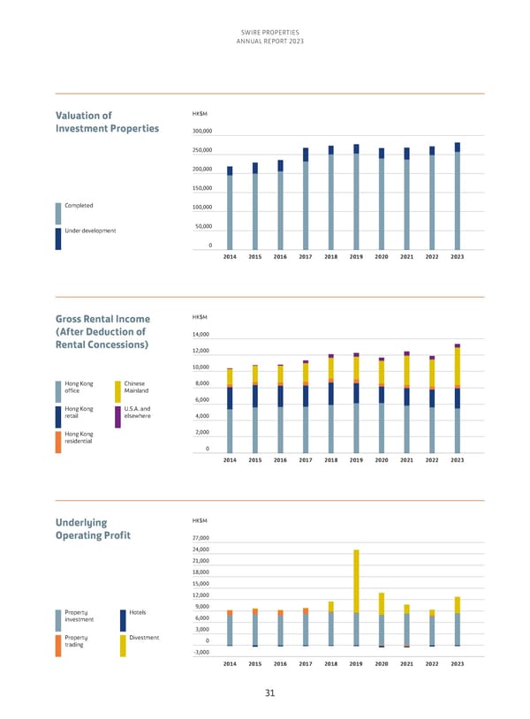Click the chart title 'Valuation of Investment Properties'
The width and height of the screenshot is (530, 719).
[x=107, y=121]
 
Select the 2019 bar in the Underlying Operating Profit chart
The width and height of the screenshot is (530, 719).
[x=356, y=598]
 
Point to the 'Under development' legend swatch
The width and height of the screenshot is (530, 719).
[x=58, y=238]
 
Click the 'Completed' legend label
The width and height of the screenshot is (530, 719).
[x=79, y=206]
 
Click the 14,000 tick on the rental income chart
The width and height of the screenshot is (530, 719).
[x=201, y=335]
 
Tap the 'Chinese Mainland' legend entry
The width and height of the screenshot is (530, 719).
[x=137, y=387]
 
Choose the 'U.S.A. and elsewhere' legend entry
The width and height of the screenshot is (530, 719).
[x=138, y=412]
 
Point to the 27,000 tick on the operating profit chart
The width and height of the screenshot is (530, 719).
[x=201, y=539]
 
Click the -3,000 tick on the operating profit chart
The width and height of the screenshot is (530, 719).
[x=201, y=652]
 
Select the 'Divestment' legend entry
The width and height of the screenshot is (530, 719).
[x=142, y=638]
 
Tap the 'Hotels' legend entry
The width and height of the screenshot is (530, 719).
[x=137, y=612]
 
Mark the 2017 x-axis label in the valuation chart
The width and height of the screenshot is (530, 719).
[x=306, y=256]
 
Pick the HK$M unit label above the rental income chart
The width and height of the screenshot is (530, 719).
[x=199, y=317]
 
